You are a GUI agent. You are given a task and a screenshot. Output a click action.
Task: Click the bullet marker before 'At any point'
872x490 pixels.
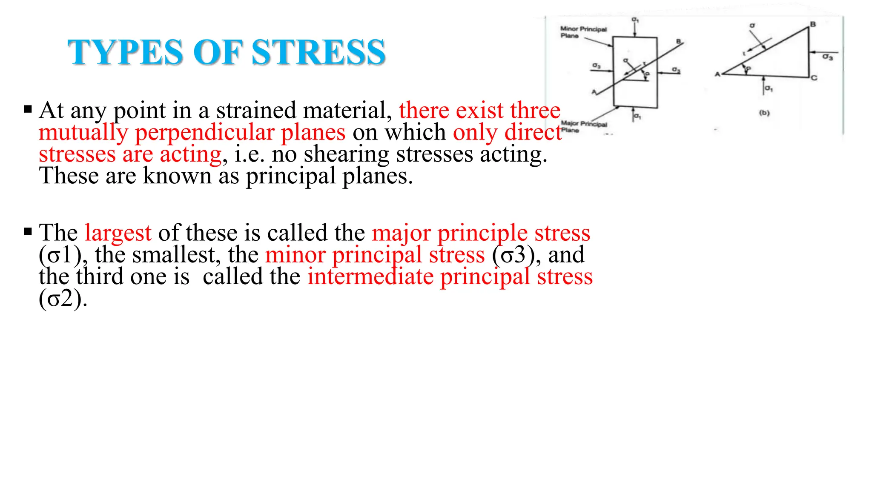pos(28,109)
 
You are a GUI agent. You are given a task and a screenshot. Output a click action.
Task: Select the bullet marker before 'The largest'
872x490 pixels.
pos(28,232)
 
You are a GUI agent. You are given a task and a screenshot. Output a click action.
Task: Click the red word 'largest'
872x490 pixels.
pos(118,233)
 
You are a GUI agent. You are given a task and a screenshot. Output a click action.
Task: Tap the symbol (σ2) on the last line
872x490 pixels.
pos(63,299)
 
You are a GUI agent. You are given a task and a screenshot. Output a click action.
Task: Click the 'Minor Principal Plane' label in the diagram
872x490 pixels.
pos(583,32)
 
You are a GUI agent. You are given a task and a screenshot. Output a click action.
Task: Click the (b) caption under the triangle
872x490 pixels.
pos(764,113)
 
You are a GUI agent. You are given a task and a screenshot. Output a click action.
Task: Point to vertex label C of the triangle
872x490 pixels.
pos(814,78)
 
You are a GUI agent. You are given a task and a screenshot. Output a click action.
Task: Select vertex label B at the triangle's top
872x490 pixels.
pos(813,24)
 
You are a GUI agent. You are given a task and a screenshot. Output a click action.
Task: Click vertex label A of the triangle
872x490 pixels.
pos(717,74)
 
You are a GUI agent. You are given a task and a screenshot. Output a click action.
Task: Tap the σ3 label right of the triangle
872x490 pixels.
pos(827,57)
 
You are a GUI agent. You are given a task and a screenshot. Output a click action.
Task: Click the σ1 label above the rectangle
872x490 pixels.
pos(635,20)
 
